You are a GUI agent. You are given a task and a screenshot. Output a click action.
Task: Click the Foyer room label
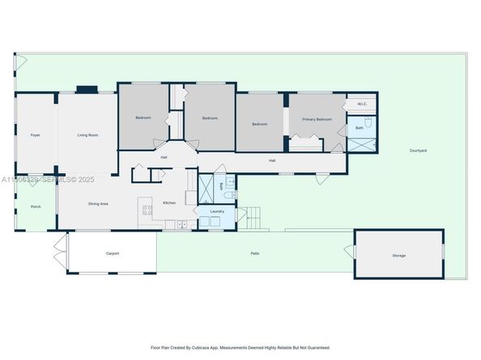point(35,134)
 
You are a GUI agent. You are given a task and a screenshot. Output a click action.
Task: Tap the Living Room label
point(87,134)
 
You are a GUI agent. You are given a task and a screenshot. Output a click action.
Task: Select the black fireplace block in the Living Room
point(86,90)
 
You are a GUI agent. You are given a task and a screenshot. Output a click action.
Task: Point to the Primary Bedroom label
point(317,119)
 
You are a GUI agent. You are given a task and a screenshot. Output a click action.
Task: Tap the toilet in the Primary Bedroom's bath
point(367,123)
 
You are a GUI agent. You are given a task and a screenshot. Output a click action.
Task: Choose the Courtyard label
point(418,150)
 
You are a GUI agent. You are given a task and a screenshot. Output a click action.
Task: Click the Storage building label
point(398,256)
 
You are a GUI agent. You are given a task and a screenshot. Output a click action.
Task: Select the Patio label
point(254,254)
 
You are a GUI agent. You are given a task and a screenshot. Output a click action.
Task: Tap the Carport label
point(113,253)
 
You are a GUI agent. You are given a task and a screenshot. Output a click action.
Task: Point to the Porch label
point(35,207)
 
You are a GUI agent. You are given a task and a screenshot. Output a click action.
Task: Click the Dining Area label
point(99,203)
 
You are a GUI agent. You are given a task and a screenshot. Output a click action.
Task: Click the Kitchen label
point(169,202)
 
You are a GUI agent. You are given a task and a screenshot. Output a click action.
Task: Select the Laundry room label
point(217,211)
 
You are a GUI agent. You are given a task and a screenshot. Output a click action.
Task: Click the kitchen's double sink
point(183,224)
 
